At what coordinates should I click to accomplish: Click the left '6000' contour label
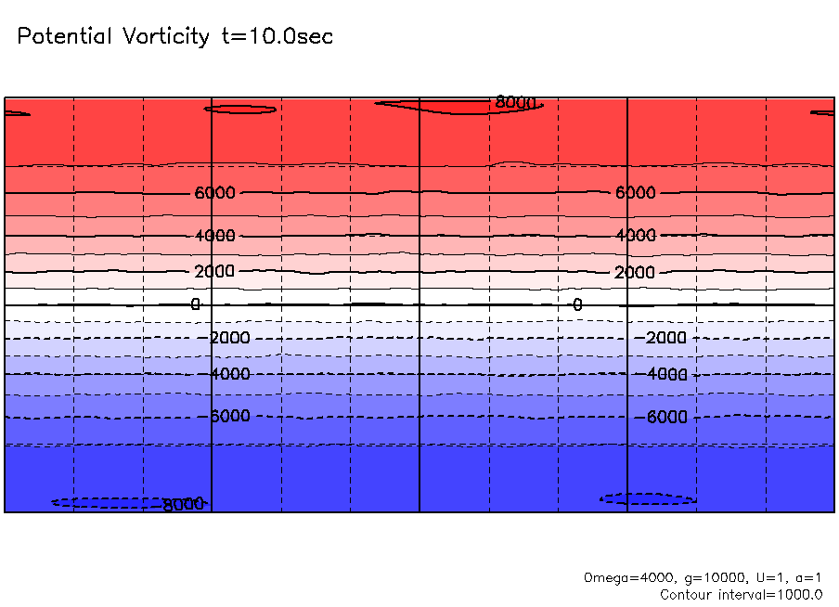pyautogui.click(x=215, y=193)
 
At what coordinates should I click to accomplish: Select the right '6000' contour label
pyautogui.click(x=636, y=193)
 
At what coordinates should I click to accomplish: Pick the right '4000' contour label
pyautogui.click(x=636, y=236)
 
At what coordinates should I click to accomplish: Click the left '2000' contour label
pyautogui.click(x=215, y=272)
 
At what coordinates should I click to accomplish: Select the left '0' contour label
pyautogui.click(x=195, y=304)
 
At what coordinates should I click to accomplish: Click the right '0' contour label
pyautogui.click(x=577, y=304)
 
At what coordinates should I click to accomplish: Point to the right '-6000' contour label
pyautogui.click(x=665, y=418)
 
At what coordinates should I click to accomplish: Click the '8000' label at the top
pyautogui.click(x=515, y=102)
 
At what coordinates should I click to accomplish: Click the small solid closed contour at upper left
pyautogui.click(x=240, y=110)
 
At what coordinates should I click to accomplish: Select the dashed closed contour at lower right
pyautogui.click(x=648, y=499)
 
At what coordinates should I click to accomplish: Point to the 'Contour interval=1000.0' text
pyautogui.click(x=741, y=594)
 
